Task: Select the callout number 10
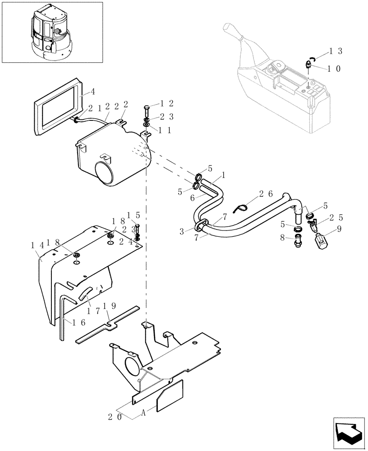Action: tap(334, 69)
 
